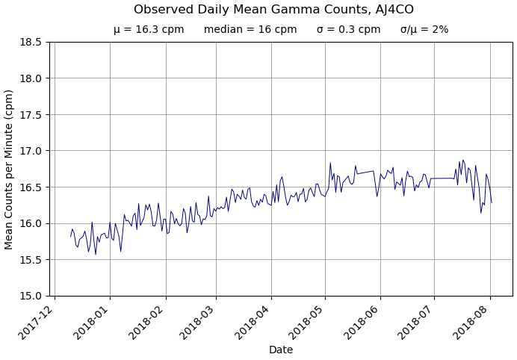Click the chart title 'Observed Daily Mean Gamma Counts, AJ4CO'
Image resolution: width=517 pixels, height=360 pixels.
273,10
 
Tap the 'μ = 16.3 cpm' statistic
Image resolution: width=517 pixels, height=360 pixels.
149,30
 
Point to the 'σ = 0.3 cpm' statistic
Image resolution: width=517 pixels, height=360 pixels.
348,30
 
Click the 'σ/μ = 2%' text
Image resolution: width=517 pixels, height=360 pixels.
424,30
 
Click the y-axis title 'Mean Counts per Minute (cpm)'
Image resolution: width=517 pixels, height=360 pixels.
10,169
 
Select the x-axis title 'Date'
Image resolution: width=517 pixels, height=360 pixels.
281,350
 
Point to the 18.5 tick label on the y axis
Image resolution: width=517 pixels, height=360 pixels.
31,42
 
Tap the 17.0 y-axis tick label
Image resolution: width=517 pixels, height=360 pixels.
31,151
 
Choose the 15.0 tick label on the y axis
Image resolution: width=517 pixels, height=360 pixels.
31,296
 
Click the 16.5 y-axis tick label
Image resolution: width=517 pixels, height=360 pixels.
31,187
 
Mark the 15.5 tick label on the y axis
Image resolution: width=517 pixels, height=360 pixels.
31,260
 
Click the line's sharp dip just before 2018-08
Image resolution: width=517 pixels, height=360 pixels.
481,213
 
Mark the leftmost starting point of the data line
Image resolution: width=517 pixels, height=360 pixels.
71,237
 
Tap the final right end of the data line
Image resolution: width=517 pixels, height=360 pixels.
492,202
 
